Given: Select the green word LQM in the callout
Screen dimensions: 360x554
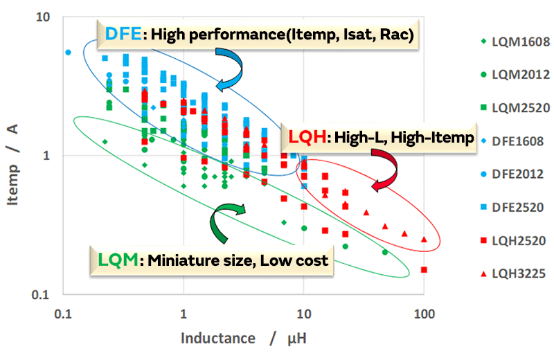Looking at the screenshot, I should point(114,261).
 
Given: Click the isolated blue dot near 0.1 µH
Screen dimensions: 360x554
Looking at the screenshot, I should point(68,53).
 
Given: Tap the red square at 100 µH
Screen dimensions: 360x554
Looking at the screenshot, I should point(424,270).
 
